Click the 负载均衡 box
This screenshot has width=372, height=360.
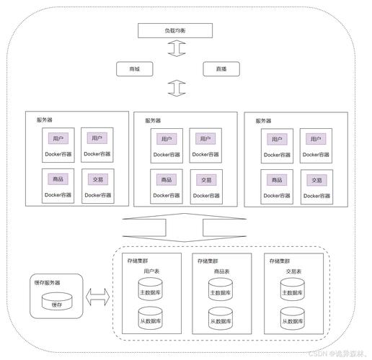point(175,30)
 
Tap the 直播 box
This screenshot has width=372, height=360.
point(218,69)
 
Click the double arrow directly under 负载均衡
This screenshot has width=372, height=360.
point(175,49)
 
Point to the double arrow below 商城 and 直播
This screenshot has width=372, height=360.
point(175,89)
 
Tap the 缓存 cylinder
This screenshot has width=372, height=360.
point(57,302)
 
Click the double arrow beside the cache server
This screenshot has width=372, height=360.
point(97,294)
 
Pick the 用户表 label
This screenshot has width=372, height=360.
point(151,271)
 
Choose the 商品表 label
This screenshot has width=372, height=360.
point(222,271)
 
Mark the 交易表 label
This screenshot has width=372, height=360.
point(293,271)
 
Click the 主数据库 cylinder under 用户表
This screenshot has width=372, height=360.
point(151,290)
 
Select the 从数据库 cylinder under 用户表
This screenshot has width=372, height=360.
point(151,318)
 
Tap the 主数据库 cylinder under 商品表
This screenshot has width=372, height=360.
point(222,290)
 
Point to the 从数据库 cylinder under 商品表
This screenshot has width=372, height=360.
point(222,318)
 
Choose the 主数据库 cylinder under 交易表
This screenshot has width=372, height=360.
point(294,290)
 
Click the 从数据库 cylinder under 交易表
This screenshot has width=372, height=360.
point(294,318)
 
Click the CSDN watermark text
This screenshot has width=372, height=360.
point(335,354)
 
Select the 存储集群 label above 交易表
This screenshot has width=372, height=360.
point(282,261)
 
